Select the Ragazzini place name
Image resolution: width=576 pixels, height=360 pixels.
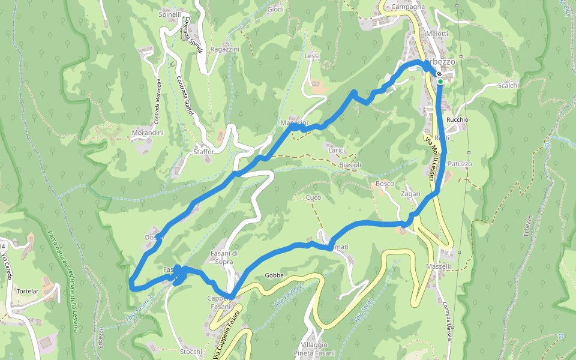coord(226,49)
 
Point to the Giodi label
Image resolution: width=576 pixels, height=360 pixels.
coord(275,10)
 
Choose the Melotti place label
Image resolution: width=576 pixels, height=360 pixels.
coord(437,34)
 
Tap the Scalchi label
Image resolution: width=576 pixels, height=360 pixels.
coord(508,86)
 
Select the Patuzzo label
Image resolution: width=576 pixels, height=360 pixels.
coord(460,164)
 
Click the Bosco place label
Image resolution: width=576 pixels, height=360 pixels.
coord(385,183)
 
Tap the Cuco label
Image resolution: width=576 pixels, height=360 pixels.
coord(313,197)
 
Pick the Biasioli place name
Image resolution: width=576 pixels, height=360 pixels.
coord(350,164)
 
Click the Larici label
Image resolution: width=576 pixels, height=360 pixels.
coord(337,150)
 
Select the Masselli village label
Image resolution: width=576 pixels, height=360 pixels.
coord(439,266)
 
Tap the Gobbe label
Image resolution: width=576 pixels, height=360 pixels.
coord(274,275)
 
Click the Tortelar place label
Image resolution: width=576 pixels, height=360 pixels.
coord(28,291)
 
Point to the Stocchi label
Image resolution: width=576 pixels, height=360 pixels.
coord(191,352)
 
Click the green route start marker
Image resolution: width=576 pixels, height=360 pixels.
coord(440,81)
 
